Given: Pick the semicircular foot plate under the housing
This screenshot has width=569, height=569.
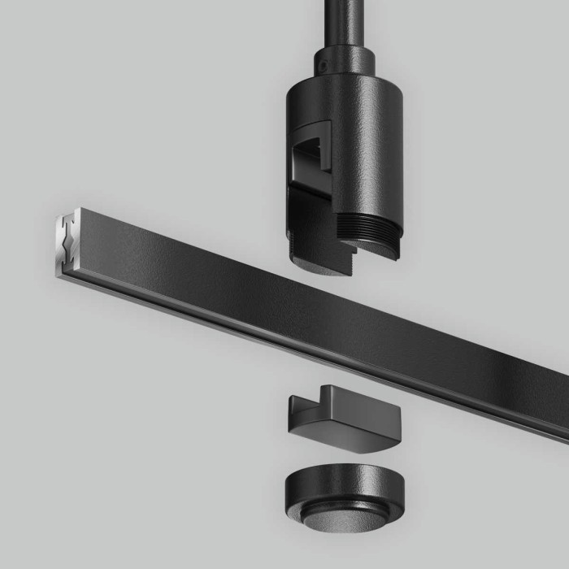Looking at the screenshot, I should (x=321, y=262).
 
